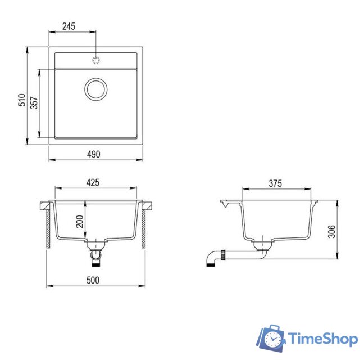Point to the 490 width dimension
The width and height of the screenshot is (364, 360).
tap(93, 153)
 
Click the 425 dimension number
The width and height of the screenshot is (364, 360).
tap(93, 183)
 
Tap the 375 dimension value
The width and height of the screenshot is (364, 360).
tap(275, 184)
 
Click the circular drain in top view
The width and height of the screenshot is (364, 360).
tap(95, 89)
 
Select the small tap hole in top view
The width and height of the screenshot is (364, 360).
tap(95, 59)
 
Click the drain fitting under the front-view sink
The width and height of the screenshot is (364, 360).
tap(96, 245)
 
